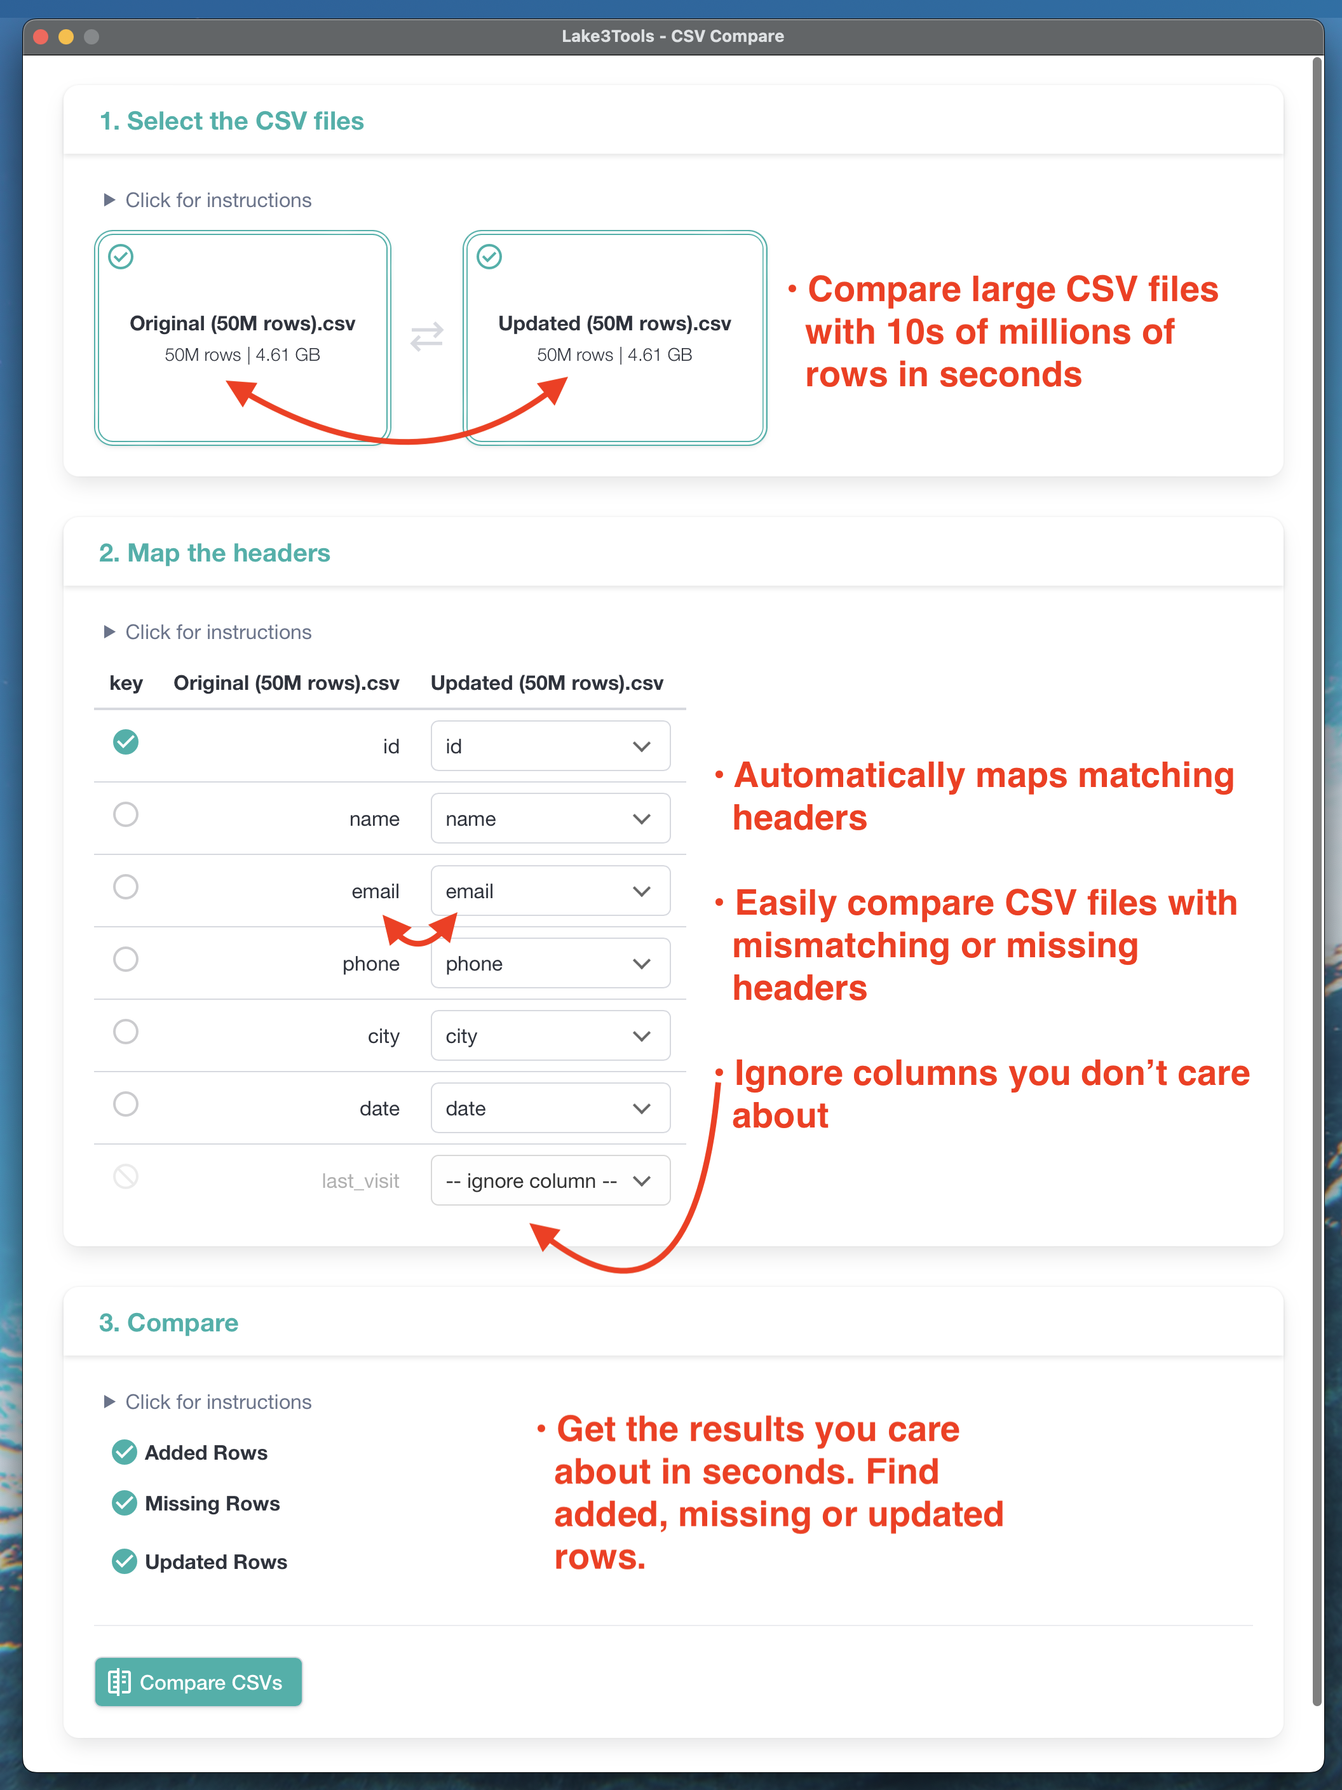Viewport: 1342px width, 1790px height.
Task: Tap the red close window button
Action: point(41,36)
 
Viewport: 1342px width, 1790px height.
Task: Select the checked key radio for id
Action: point(125,742)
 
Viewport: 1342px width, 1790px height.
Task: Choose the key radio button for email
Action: point(125,887)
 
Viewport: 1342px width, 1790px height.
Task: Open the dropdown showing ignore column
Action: point(550,1181)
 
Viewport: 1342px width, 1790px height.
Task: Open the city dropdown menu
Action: point(550,1036)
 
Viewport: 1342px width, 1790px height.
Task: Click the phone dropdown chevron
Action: point(642,964)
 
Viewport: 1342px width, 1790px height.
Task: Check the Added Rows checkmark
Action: point(125,1453)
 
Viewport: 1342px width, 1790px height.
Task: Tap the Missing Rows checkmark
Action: point(125,1503)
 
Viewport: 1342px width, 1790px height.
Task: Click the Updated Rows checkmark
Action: point(125,1561)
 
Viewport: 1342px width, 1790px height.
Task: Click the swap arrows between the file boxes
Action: point(426,336)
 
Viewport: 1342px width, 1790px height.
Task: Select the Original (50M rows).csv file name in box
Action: point(242,324)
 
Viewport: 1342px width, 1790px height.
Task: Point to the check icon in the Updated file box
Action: point(489,257)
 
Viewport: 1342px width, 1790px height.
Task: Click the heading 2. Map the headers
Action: point(215,553)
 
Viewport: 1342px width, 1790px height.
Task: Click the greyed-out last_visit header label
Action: point(360,1181)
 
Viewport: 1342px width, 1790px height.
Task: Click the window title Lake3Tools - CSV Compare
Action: point(673,36)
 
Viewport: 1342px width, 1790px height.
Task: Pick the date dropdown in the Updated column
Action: point(550,1108)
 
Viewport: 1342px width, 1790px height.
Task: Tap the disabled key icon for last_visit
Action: point(125,1176)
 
